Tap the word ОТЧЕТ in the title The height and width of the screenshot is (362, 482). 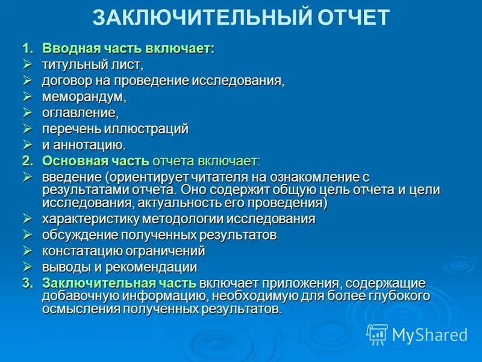pyautogui.click(x=354, y=17)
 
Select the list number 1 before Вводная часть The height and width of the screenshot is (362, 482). pyautogui.click(x=27, y=48)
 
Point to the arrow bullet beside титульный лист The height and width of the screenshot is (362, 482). pyautogui.click(x=27, y=64)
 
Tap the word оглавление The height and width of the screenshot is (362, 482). pyautogui.click(x=78, y=113)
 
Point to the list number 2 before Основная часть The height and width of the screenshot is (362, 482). pyautogui.click(x=27, y=161)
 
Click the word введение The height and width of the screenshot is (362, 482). pyautogui.click(x=70, y=177)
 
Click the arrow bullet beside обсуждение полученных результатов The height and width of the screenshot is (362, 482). pyautogui.click(x=27, y=234)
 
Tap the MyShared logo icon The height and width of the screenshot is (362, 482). pyautogui.click(x=377, y=334)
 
